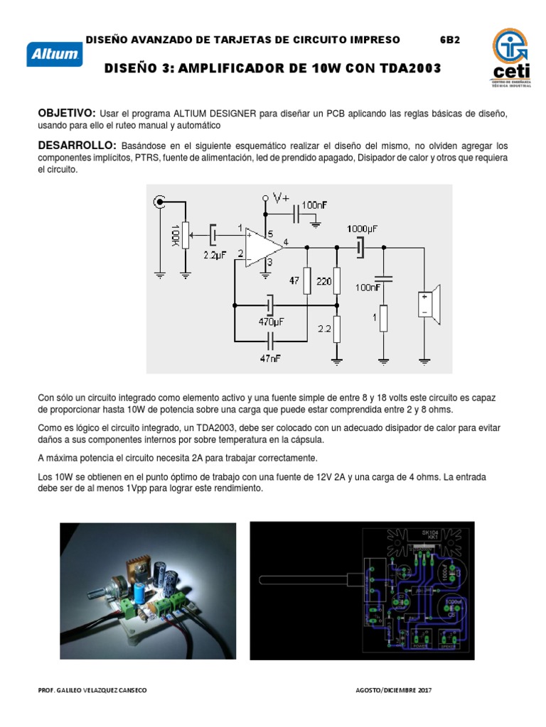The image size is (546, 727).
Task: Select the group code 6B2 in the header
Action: click(x=449, y=40)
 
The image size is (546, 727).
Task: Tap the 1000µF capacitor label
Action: click(x=363, y=229)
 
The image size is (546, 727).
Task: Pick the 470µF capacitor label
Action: click(x=271, y=320)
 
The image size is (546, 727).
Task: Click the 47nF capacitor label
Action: click(x=269, y=359)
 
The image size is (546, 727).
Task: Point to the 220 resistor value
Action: click(x=324, y=280)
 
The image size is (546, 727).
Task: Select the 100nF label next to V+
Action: click(x=314, y=204)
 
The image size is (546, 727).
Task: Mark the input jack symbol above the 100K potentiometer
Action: click(x=159, y=203)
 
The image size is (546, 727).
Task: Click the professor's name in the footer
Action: click(x=92, y=690)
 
